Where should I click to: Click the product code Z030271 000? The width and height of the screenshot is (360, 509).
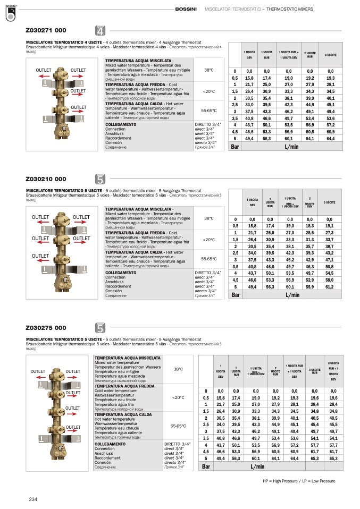[x=46, y=31]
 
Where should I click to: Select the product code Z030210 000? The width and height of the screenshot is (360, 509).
[x=46, y=180]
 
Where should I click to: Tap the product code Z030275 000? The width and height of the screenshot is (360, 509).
[x=46, y=328]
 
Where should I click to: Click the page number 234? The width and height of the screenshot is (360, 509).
[x=33, y=499]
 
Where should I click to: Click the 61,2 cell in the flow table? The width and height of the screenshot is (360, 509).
[x=330, y=286]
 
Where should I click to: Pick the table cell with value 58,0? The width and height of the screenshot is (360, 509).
[x=330, y=279]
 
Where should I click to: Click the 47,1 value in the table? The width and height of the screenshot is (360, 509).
[x=330, y=259]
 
